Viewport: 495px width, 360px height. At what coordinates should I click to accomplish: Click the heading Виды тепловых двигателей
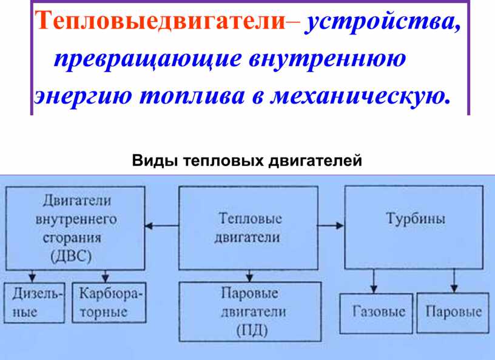(x=246, y=161)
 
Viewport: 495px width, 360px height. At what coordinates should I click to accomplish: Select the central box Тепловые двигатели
(x=247, y=227)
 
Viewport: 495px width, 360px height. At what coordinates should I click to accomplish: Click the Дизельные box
(x=35, y=303)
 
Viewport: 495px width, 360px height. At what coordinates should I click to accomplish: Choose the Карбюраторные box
(x=109, y=303)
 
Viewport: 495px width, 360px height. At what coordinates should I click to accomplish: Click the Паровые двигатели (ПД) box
(x=249, y=312)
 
